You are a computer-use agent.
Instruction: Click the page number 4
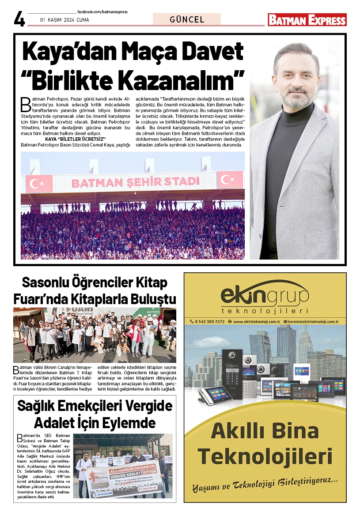tap(19, 19)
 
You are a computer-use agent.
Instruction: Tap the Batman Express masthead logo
tap(307, 20)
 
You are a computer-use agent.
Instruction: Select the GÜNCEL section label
tap(187, 19)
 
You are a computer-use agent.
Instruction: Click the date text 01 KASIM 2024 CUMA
tap(64, 20)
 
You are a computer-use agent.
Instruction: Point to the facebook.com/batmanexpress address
tap(102, 12)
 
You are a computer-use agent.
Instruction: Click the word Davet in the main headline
tap(208, 52)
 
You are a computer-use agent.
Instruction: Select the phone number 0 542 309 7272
tap(207, 321)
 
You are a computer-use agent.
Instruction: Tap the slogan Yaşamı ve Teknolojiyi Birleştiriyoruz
tap(265, 489)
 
